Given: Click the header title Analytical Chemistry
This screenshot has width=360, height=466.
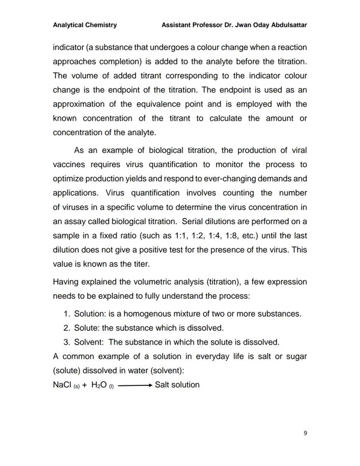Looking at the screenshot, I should (x=85, y=25).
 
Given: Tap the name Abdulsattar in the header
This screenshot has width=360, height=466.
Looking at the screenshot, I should (x=289, y=25).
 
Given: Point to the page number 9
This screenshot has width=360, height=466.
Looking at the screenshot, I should (x=305, y=433).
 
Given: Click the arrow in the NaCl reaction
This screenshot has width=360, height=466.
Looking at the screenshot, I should (x=135, y=385).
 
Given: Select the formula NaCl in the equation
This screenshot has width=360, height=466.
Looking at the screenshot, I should (x=62, y=385).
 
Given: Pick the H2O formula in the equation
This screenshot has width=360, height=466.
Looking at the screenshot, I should (x=99, y=385).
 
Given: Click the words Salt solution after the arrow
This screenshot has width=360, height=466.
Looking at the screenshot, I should (x=177, y=385).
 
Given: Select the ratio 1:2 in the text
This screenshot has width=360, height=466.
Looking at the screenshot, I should (x=193, y=236).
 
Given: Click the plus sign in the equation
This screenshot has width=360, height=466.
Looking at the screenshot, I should (x=84, y=385).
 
